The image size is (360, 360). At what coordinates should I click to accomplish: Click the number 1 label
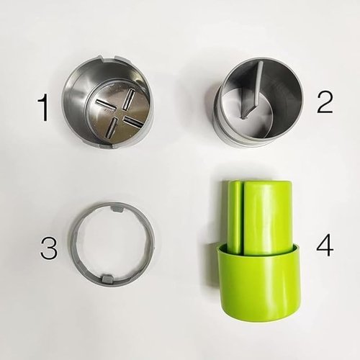pyautogui.click(x=43, y=109)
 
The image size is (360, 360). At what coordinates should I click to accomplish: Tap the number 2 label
pyautogui.click(x=324, y=102)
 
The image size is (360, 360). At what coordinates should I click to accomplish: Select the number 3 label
pyautogui.click(x=48, y=248)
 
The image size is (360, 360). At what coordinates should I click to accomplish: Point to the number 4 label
pyautogui.click(x=325, y=246)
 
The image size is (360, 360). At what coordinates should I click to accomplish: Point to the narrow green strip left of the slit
pyautogui.click(x=235, y=216)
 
